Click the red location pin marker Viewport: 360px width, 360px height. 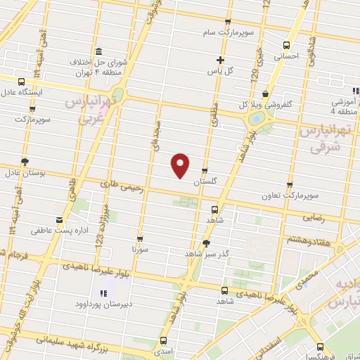pyautogui.click(x=181, y=165)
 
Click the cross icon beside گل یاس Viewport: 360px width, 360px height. pyautogui.click(x=221, y=60)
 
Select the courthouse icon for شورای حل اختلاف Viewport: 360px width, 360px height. pyautogui.click(x=97, y=52)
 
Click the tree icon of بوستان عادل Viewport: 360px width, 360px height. pyautogui.click(x=25, y=161)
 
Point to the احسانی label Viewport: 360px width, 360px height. pyautogui.click(x=285, y=56)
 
